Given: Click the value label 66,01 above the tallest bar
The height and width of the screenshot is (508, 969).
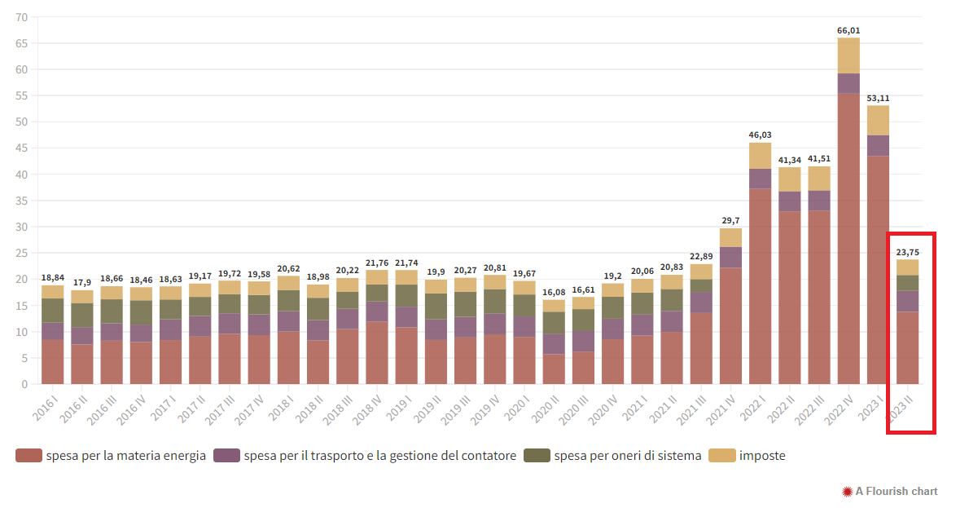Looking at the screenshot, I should coord(848,31).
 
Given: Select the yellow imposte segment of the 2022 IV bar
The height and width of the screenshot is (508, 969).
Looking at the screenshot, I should coord(848,55).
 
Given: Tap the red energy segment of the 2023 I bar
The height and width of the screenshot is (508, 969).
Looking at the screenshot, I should coord(878,269).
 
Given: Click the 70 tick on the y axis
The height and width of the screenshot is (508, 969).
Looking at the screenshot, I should coord(21,17).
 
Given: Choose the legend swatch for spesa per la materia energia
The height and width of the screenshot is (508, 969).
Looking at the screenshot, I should coord(28,456).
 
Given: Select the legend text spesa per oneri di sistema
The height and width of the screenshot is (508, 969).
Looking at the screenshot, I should coord(627,456).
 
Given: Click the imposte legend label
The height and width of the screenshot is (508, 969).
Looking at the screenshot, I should coord(762,456).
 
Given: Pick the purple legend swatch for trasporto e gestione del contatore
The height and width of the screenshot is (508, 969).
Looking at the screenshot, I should coord(226,456).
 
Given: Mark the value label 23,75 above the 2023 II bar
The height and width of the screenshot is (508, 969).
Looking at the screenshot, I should coord(908,253).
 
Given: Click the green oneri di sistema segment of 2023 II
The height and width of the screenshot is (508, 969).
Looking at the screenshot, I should coord(908,283).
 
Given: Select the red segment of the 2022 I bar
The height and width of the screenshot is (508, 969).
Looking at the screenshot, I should coord(760,285).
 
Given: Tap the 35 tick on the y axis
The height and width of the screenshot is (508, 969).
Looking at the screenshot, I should coord(21,201).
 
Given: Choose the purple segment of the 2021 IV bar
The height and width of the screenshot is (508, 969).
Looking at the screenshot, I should coord(730,257).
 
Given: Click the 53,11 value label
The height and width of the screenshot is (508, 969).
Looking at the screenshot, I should coord(878,99).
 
